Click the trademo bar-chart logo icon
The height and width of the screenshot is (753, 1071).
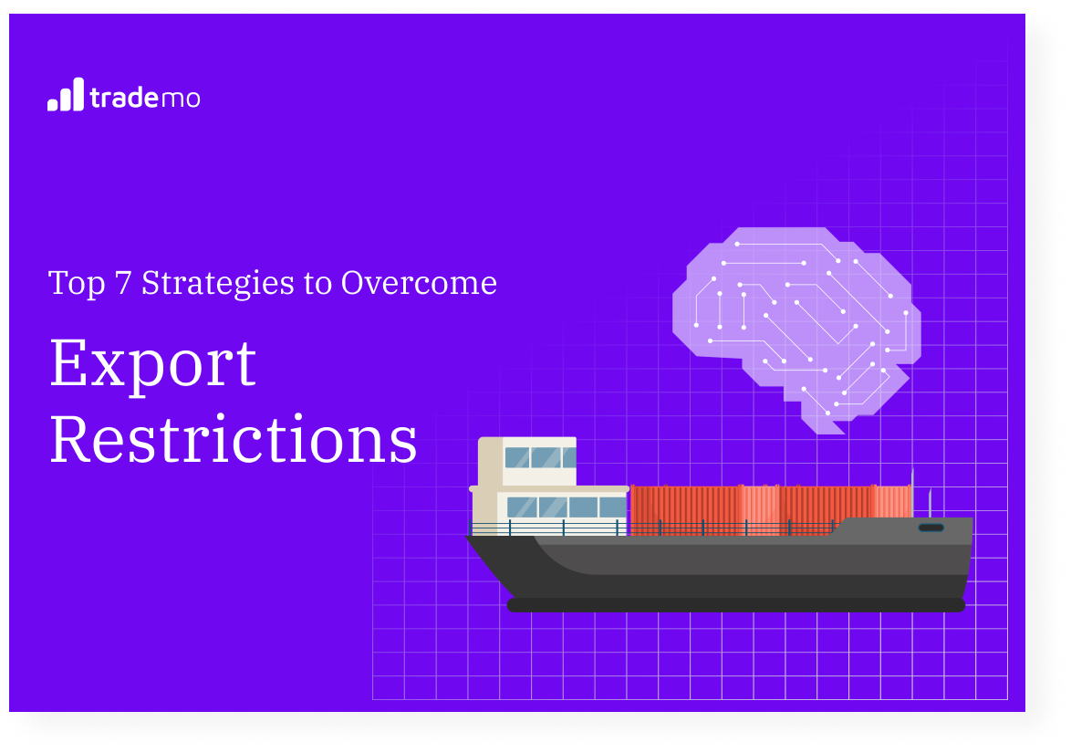(x=65, y=95)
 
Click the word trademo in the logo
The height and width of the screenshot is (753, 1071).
(x=145, y=98)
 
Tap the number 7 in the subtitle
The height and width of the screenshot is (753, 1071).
(x=122, y=283)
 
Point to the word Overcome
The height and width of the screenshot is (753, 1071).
(x=419, y=283)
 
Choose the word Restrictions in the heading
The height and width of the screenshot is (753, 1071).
(x=234, y=441)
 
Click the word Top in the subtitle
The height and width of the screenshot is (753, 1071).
(x=77, y=284)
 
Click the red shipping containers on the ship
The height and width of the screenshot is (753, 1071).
(x=771, y=507)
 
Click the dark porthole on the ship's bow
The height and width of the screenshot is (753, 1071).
(x=931, y=528)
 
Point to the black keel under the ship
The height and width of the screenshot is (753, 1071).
(x=735, y=605)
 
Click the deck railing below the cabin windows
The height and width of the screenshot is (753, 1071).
(x=547, y=528)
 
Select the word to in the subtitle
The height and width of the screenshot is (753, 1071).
(x=317, y=284)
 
